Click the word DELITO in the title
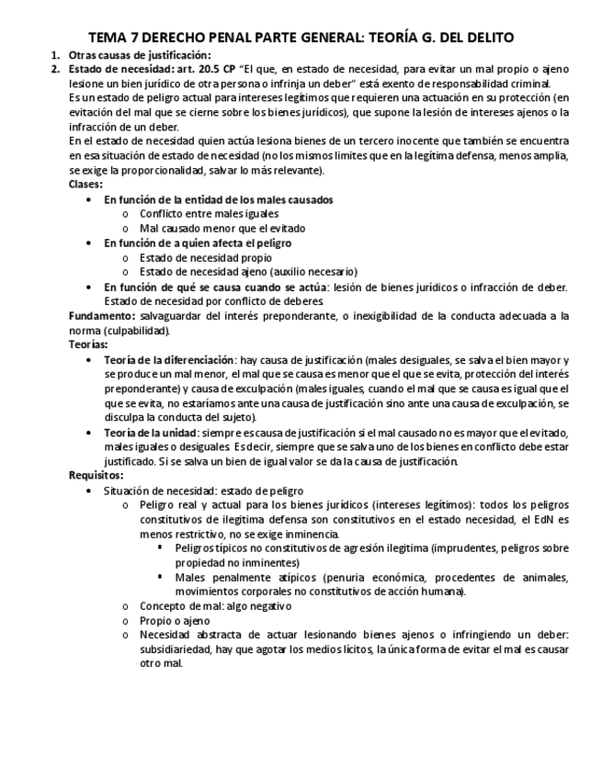tap(483, 38)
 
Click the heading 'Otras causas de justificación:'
tap(128, 55)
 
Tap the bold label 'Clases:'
tap(85, 184)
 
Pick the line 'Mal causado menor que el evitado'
tap(222, 228)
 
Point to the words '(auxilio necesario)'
tap(312, 272)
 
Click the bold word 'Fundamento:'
tap(102, 316)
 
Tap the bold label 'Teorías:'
tap(87, 344)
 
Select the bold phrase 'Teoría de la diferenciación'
tap(169, 360)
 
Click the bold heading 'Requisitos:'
tap(96, 476)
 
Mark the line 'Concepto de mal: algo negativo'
tap(215, 606)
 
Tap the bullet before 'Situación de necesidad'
tap(88, 491)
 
